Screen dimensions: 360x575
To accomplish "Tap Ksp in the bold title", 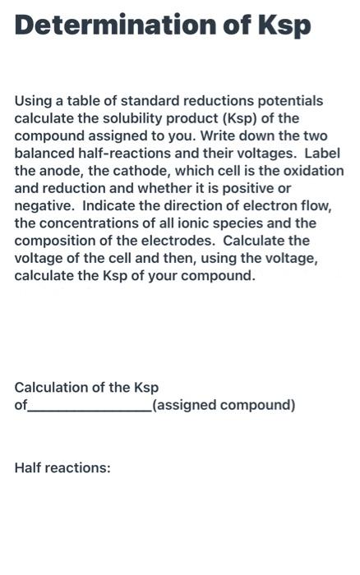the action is click(x=284, y=25).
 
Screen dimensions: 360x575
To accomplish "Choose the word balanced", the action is click(x=44, y=154).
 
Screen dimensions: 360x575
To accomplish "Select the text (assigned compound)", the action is click(x=224, y=405).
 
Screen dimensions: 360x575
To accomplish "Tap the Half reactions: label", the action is click(x=62, y=468).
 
